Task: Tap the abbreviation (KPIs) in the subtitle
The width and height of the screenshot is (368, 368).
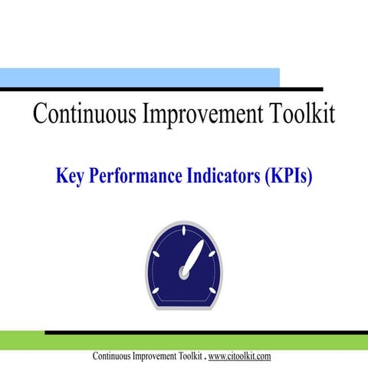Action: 287,177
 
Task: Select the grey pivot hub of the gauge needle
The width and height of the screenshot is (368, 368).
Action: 184,271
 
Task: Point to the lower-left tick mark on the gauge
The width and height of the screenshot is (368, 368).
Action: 156,292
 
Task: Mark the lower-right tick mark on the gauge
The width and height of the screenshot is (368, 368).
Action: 212,292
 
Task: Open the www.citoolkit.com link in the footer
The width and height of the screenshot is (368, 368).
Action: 239,356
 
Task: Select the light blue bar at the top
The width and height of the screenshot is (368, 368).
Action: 138,77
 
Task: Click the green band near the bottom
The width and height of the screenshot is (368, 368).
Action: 184,342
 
